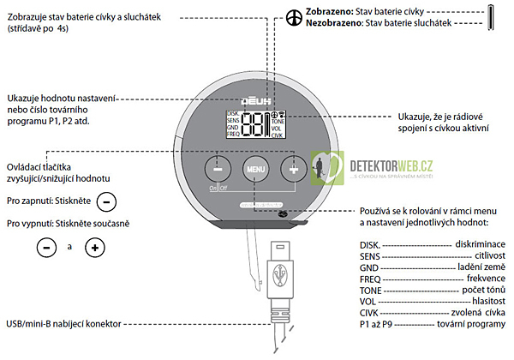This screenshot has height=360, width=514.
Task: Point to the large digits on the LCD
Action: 254,124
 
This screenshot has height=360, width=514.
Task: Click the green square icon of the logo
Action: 323,165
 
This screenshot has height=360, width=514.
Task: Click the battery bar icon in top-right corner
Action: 493,18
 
